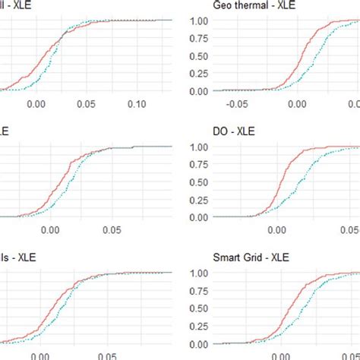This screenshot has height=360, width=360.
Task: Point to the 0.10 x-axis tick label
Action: (x=137, y=102)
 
